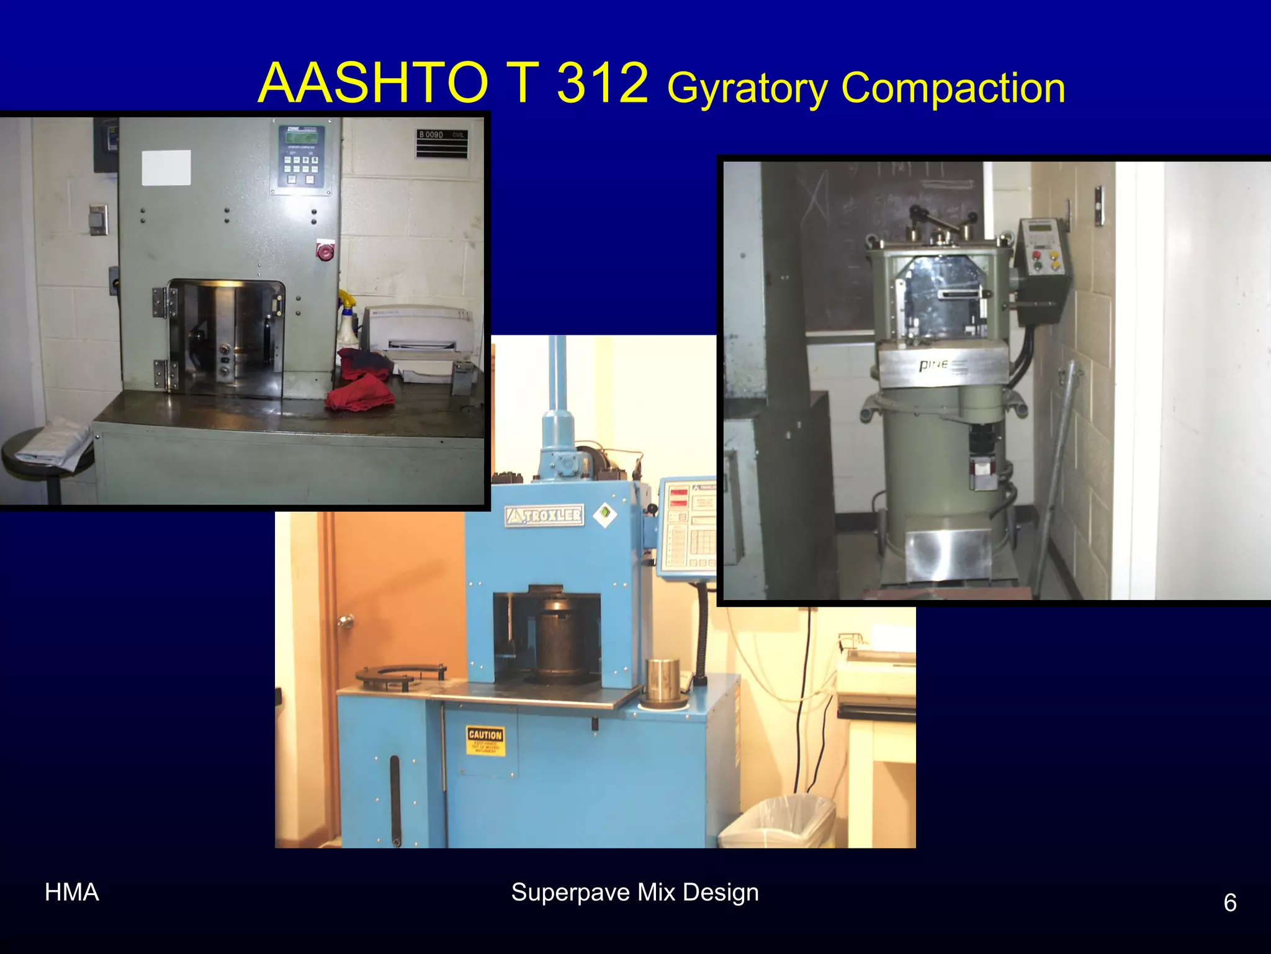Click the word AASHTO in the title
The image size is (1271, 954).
pos(373,83)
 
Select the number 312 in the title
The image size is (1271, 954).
pos(602,83)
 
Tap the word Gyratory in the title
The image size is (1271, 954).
pos(747,88)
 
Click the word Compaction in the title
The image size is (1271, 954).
pos(953,88)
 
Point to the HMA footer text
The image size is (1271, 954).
pos(72,893)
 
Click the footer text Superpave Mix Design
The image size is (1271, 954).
pos(635,893)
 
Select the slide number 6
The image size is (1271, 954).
pos(1229,902)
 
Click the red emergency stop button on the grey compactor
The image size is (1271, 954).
pos(324,252)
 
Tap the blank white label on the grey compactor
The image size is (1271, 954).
pos(166,168)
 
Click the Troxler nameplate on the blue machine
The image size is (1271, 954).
pos(545,515)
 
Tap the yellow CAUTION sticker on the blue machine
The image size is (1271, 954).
pos(485,741)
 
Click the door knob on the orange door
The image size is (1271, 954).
pos(345,620)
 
